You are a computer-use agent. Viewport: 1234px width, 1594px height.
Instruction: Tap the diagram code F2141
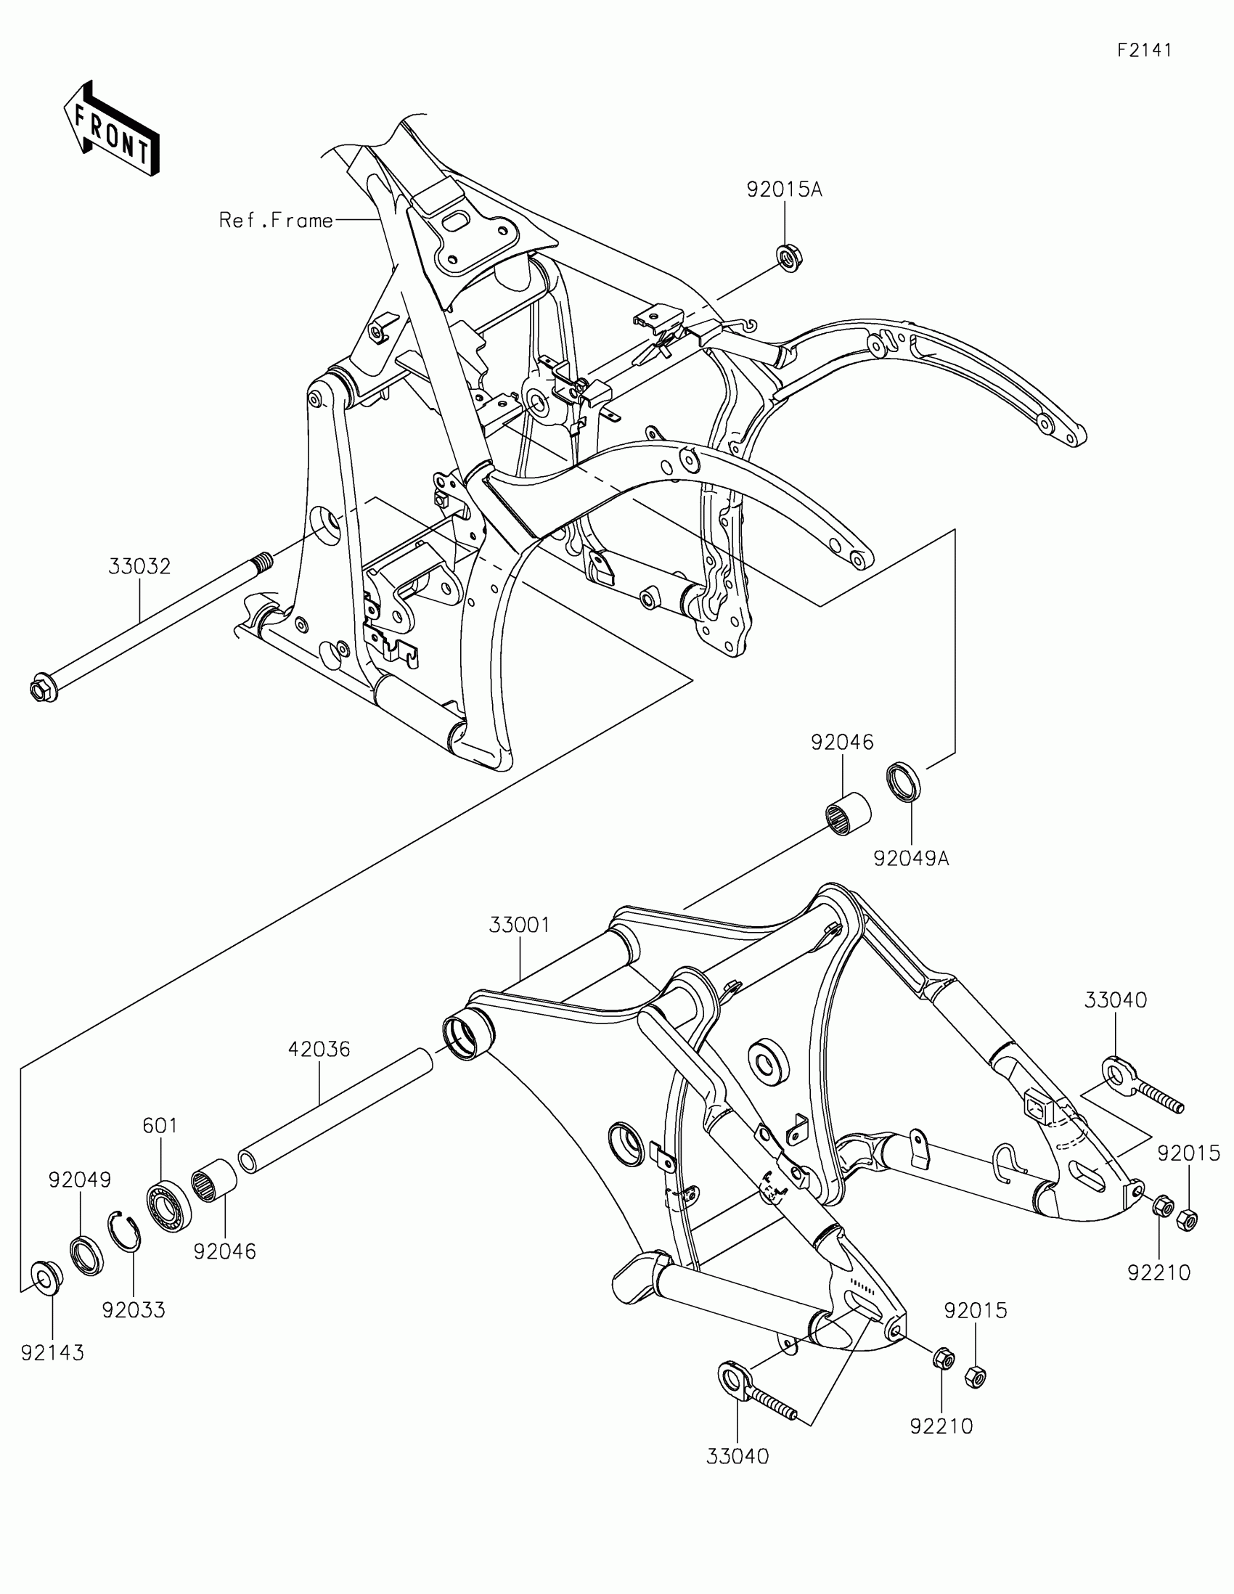[x=1144, y=50]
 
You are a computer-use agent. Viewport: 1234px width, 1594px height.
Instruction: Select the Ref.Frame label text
[x=276, y=221]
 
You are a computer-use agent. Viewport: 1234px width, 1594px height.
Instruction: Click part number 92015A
[x=784, y=189]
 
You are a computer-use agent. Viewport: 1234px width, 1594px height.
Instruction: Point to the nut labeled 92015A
[x=787, y=258]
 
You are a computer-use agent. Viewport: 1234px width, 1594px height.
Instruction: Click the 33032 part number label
[x=139, y=566]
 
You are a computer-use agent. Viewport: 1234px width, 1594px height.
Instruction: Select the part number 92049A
[x=911, y=858]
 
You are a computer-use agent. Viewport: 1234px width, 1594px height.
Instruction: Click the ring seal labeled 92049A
[x=904, y=781]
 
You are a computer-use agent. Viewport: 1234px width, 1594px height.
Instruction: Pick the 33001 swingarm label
[x=519, y=925]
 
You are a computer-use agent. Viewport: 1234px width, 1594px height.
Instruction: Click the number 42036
[x=319, y=1050]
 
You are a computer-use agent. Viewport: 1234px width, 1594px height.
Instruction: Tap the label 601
[x=160, y=1126]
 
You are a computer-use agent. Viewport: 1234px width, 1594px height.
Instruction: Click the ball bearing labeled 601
[x=169, y=1206]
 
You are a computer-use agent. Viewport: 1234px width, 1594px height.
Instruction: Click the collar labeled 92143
[x=45, y=1279]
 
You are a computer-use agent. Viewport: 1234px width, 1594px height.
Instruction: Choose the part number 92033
[x=134, y=1310]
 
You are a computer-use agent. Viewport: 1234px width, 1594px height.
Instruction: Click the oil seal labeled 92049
[x=87, y=1254]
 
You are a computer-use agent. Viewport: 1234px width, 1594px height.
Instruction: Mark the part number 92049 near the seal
[x=81, y=1180]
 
